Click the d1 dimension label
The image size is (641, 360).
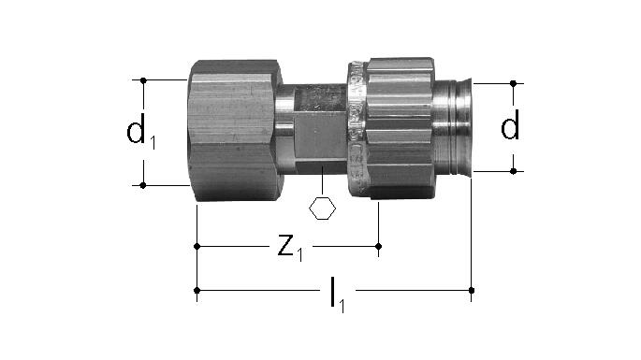(x=140, y=131)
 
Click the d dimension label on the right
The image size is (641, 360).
(x=510, y=125)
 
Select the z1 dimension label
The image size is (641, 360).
(x=290, y=248)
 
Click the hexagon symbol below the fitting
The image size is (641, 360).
(x=322, y=208)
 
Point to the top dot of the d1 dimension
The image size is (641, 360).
(x=143, y=80)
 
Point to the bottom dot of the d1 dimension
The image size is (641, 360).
(x=143, y=185)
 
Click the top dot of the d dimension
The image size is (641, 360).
(x=514, y=83)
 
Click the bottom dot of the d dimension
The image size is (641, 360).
(x=514, y=171)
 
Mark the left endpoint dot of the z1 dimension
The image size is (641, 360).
(x=197, y=247)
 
